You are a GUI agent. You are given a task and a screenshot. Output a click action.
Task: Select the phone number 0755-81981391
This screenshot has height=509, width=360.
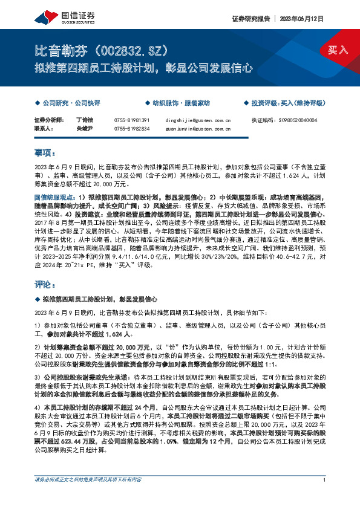[131, 120]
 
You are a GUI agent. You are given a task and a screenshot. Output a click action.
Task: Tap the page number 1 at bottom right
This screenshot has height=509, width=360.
[325, 496]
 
